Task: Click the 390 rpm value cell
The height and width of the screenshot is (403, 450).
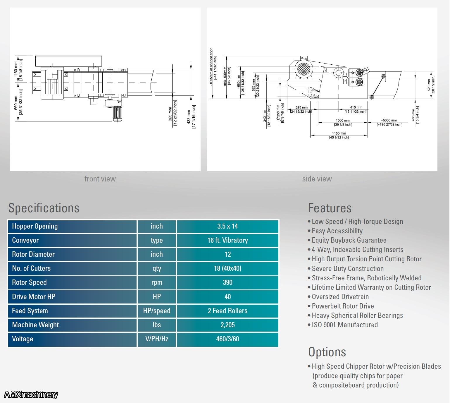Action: (x=227, y=282)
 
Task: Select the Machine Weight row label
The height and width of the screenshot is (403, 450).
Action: (x=35, y=325)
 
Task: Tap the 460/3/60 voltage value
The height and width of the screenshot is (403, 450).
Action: (x=227, y=339)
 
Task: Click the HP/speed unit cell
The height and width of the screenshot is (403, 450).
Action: (x=157, y=311)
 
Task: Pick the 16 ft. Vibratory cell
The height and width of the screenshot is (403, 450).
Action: (x=227, y=240)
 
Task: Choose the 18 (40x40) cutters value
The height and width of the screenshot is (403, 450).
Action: (x=227, y=268)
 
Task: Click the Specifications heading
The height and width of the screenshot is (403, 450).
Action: (x=44, y=208)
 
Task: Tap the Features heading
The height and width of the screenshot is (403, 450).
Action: (x=330, y=208)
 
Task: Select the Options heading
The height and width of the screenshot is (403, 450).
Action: (x=327, y=352)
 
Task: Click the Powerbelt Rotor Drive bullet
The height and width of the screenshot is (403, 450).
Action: (x=342, y=306)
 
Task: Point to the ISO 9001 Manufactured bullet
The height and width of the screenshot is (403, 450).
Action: (x=344, y=325)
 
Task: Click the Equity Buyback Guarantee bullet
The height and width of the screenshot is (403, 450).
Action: (x=349, y=240)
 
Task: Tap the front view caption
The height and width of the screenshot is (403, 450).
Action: (x=100, y=179)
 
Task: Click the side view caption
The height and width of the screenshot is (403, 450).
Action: (x=317, y=179)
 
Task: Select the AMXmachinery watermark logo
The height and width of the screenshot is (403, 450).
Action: (x=31, y=395)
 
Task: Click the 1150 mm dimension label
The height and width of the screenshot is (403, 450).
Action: (x=339, y=133)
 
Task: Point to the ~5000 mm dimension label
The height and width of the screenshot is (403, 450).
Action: (x=389, y=120)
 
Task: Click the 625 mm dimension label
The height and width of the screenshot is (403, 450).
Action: (x=301, y=107)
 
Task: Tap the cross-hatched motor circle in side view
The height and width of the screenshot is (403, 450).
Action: (x=304, y=69)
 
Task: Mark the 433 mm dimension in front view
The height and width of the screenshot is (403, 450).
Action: (x=189, y=116)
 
